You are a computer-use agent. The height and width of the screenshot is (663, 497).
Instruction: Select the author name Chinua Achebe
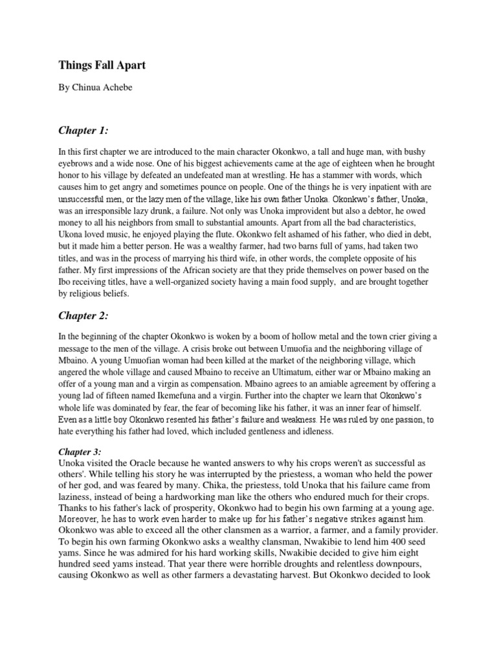click(104, 88)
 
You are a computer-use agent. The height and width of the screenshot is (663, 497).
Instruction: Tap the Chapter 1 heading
click(83, 131)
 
